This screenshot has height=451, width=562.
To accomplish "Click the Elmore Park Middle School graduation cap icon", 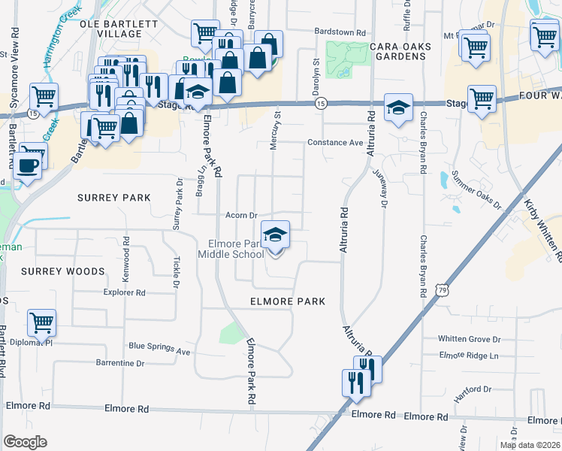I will [x=275, y=235].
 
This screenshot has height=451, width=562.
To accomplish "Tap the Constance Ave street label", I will [x=335, y=142].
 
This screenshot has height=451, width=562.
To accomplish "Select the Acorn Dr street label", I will [x=241, y=215].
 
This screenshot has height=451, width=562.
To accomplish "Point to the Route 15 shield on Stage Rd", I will [x=321, y=102].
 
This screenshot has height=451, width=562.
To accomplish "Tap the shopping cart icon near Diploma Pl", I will [x=41, y=323].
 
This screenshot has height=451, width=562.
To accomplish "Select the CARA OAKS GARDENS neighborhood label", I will [x=400, y=52].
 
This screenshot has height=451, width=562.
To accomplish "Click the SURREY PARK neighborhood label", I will [x=114, y=198].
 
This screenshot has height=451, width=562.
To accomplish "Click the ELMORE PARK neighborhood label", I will [x=288, y=301].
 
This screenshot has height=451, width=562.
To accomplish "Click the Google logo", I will [x=25, y=442].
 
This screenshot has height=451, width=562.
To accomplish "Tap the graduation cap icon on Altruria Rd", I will [x=398, y=107].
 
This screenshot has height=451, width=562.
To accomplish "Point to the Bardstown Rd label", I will [x=340, y=33].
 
